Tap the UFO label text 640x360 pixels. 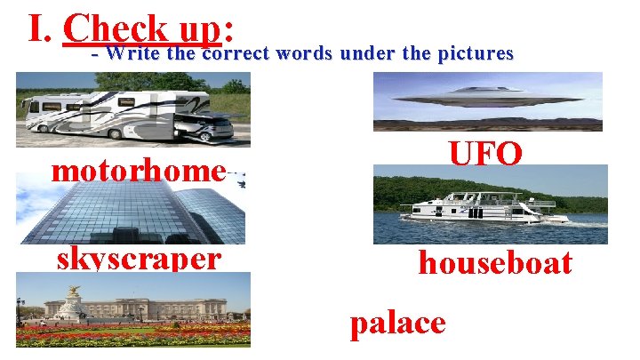(x=485, y=153)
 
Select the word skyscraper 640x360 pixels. (x=138, y=259)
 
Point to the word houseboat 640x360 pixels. (x=495, y=263)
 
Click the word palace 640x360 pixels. (x=397, y=322)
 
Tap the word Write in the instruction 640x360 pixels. (x=133, y=53)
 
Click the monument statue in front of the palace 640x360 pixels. (x=74, y=302)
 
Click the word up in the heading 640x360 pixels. (x=196, y=31)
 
